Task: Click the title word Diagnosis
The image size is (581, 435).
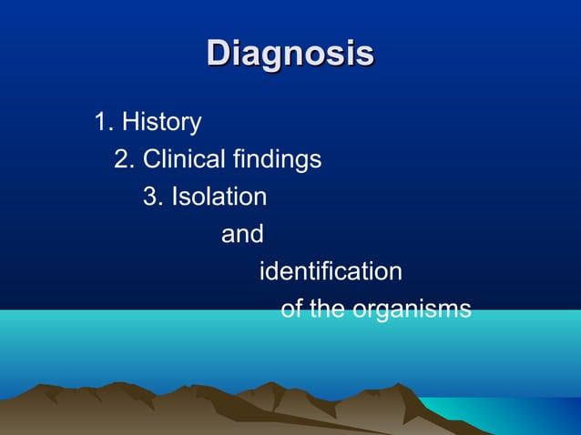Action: pos(290,53)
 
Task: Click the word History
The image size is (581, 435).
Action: pos(161,121)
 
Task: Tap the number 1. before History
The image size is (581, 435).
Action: pos(103,121)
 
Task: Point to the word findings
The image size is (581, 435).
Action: pos(276,159)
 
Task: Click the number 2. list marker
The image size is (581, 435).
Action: pos(125,159)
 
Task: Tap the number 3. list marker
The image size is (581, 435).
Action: pos(153,197)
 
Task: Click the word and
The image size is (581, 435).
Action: pos(242,234)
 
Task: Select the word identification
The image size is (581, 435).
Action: pos(331,271)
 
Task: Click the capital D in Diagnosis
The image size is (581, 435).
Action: pos(219,53)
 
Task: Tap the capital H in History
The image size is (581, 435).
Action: pos(129,121)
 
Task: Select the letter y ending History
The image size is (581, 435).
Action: pos(196,124)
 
